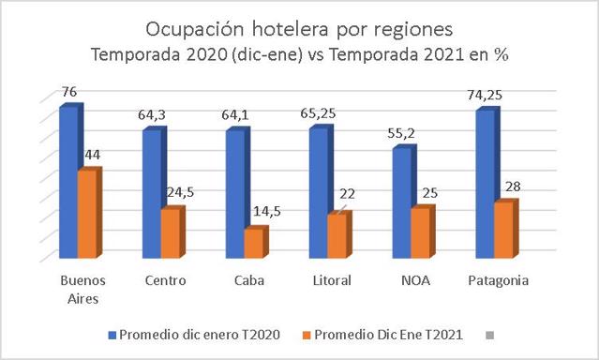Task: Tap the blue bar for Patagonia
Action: tap(486, 184)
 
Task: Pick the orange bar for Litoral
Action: tap(338, 234)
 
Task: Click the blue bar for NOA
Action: tap(402, 202)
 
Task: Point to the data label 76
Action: tap(69, 92)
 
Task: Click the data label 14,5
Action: tap(267, 211)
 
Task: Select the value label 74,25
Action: tap(485, 95)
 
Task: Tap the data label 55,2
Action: tap(401, 133)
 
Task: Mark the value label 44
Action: tap(93, 155)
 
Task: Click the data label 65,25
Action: tap(318, 113)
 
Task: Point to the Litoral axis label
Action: tap(332, 280)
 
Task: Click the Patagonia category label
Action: tap(499, 281)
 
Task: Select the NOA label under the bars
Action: tap(415, 280)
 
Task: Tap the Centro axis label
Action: tap(165, 280)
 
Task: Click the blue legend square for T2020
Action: tap(112, 336)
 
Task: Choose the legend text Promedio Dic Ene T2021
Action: tap(388, 335)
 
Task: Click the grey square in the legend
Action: tap(489, 336)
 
